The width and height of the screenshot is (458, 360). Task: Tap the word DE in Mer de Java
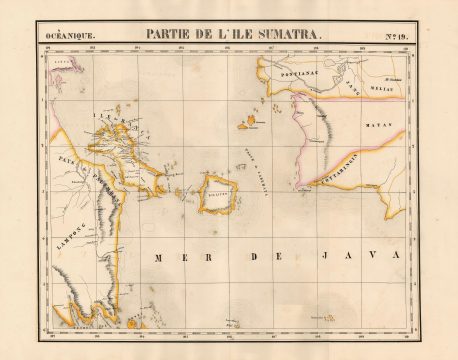[x=269, y=257]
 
